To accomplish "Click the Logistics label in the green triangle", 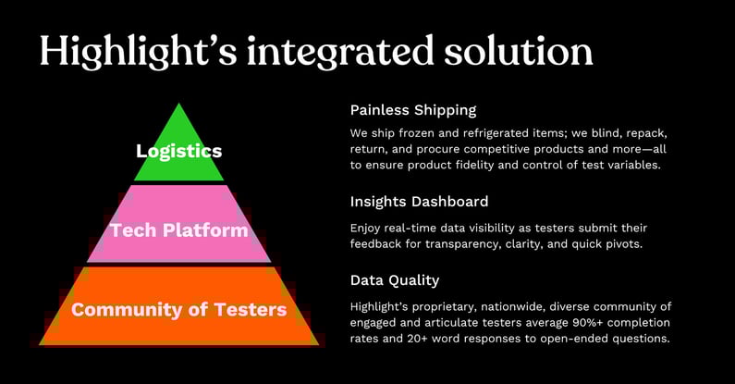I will click(178, 151).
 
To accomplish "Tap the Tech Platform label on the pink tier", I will click(178, 229).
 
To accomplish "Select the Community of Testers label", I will click(178, 309).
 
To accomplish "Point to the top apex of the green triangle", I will click(178, 105).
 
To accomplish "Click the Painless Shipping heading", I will click(412, 109).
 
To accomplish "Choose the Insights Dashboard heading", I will click(419, 201).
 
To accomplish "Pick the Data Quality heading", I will click(395, 279).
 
